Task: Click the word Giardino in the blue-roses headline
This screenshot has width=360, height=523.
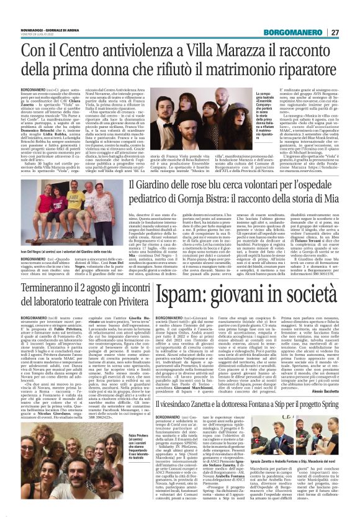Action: click(161, 186)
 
